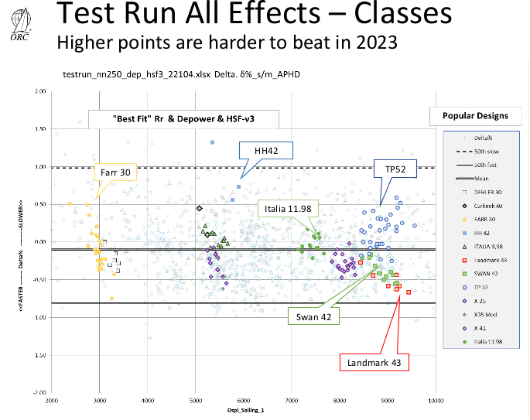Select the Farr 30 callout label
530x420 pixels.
click(115, 171)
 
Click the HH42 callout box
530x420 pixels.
click(260, 149)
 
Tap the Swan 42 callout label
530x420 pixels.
click(312, 316)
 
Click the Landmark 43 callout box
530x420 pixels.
click(374, 361)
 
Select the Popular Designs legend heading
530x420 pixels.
click(475, 116)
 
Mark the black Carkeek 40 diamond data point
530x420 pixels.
click(200, 208)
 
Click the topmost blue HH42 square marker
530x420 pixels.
click(212, 142)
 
